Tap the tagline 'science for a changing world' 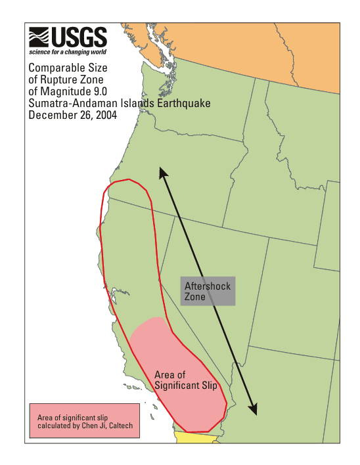(67, 52)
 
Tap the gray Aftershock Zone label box (208, 292)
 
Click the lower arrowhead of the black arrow (254, 410)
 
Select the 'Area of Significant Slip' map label (185, 380)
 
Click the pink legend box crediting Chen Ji (84, 422)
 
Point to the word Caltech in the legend (120, 426)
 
